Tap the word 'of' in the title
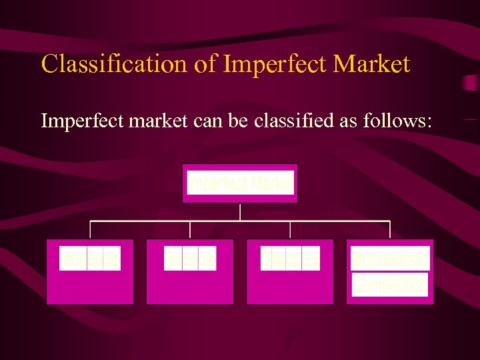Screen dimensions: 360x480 [x=207, y=64]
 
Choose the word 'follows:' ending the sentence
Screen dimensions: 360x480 [x=401, y=121]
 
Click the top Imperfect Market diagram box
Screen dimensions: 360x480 [x=240, y=183]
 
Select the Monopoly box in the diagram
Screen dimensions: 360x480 [x=90, y=271]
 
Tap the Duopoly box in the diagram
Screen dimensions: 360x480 [x=190, y=271]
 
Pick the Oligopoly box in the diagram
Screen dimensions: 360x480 [x=290, y=271]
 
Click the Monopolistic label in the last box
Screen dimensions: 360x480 [x=390, y=259]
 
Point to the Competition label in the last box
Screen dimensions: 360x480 [x=390, y=286]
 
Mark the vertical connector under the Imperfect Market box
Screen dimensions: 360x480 [x=240, y=211]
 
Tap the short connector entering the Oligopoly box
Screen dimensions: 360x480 [x=290, y=230]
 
